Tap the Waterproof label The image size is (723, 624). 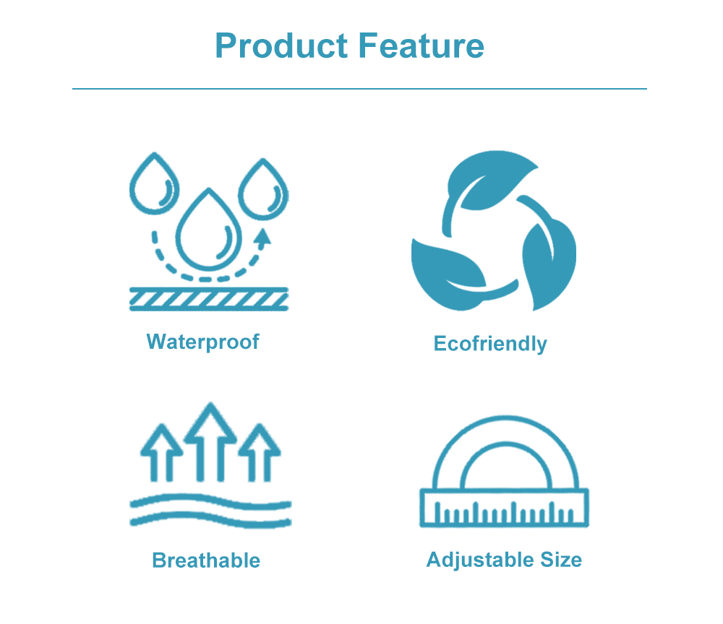point(202,342)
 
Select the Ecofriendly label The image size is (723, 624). point(490,344)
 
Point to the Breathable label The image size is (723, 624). point(206,560)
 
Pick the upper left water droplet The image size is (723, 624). point(154,185)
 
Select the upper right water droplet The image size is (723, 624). point(263,189)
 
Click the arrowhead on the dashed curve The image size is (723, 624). point(263,237)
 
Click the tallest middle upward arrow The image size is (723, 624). point(210,441)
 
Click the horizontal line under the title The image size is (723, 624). point(359,89)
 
